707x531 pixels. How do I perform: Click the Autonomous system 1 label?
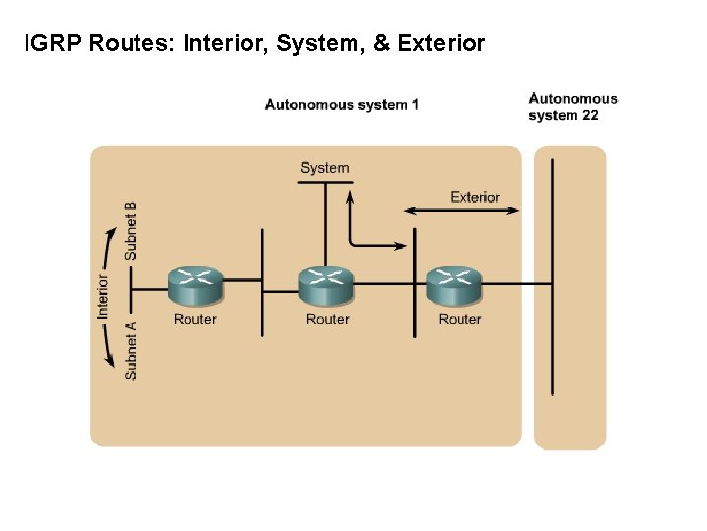[x=342, y=104]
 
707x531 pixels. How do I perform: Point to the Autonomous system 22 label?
[x=572, y=106]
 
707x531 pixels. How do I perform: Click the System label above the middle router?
[x=324, y=168]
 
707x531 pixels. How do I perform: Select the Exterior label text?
[x=474, y=197]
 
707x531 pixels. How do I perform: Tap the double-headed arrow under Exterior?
[x=462, y=210]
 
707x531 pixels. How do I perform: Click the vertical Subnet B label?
[x=131, y=231]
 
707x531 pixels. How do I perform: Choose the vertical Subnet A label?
[x=131, y=350]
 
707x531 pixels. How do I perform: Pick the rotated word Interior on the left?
[x=104, y=290]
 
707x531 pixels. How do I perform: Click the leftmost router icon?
[x=194, y=285]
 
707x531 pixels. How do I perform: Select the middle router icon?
[x=327, y=285]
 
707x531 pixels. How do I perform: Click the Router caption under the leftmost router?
[x=194, y=319]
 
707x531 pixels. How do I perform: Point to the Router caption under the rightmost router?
[x=460, y=319]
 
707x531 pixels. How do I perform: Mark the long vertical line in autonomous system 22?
[x=552, y=275]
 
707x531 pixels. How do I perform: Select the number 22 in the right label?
[x=589, y=115]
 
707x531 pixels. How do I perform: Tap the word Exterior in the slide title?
[x=445, y=43]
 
